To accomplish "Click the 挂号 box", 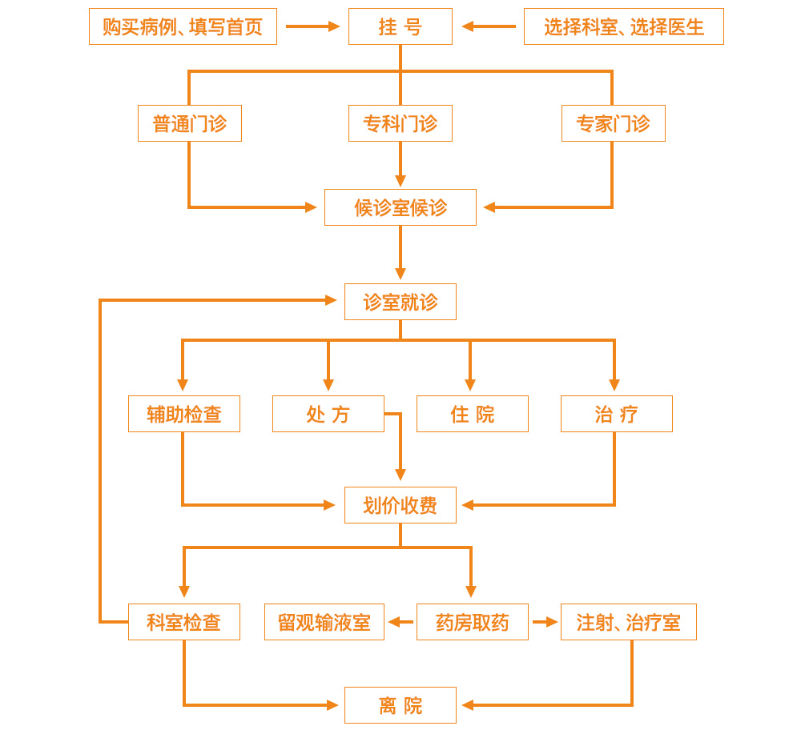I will pyautogui.click(x=400, y=26).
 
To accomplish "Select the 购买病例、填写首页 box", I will pyautogui.click(x=183, y=26).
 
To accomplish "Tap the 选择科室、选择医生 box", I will pyautogui.click(x=623, y=26).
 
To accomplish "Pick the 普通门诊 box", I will pyautogui.click(x=190, y=123).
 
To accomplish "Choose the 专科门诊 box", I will pyautogui.click(x=400, y=123).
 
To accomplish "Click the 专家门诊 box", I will pyautogui.click(x=613, y=123).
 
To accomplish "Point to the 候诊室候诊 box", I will pyautogui.click(x=400, y=207).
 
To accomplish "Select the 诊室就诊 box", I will pyautogui.click(x=400, y=302).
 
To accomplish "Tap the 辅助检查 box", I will pyautogui.click(x=184, y=414).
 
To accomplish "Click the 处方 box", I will pyautogui.click(x=328, y=414).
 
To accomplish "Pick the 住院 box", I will pyautogui.click(x=473, y=414).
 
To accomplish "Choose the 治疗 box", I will pyautogui.click(x=617, y=414).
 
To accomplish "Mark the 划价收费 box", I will pyautogui.click(x=400, y=505).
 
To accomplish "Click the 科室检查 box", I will pyautogui.click(x=184, y=622).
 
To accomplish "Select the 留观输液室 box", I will pyautogui.click(x=324, y=622).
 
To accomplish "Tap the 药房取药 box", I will pyautogui.click(x=473, y=622).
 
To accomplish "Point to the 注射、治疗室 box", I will pyautogui.click(x=629, y=622).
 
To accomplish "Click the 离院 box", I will pyautogui.click(x=400, y=705).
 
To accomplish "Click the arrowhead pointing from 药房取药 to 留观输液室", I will pyautogui.click(x=394, y=622).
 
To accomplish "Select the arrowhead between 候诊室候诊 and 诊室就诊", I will pyautogui.click(x=400, y=274).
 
